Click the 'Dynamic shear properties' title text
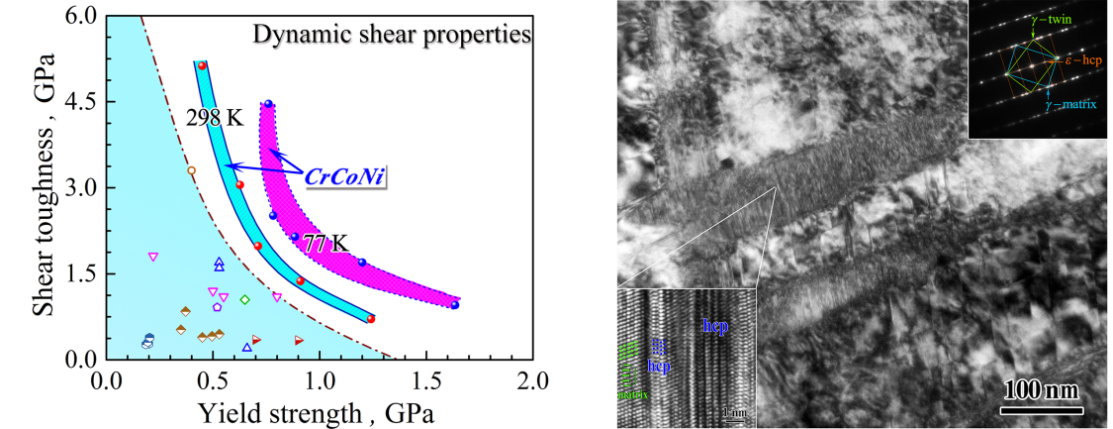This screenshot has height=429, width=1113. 393,35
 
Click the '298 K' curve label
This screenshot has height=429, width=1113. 215,118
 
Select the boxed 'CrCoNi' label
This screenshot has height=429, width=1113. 344,177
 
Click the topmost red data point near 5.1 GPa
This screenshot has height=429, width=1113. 202,65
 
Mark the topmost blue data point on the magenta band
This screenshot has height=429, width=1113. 267,103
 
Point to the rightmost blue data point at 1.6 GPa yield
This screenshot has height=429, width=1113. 454,304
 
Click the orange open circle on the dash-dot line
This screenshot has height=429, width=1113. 192,170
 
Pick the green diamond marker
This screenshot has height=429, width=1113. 244,299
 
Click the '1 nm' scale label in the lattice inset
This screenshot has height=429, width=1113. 733,411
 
